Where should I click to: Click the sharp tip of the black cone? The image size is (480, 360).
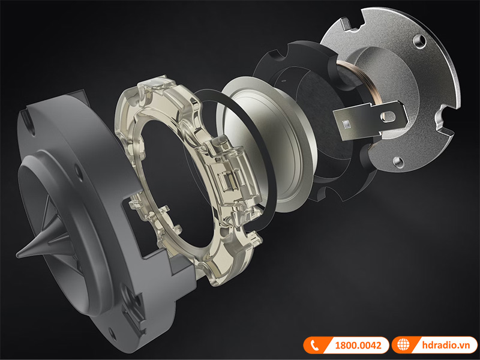pos(17,254)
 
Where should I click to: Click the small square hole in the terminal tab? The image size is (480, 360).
pos(346,124)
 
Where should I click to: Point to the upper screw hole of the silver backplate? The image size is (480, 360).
pos(419,40)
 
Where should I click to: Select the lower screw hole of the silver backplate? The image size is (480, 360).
pos(398,161)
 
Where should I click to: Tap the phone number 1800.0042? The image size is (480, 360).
pos(358,346)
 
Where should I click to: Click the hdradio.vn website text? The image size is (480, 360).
pos(446,346)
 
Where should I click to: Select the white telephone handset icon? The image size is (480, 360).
pos(314,346)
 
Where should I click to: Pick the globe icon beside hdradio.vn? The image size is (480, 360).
pos(403,345)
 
